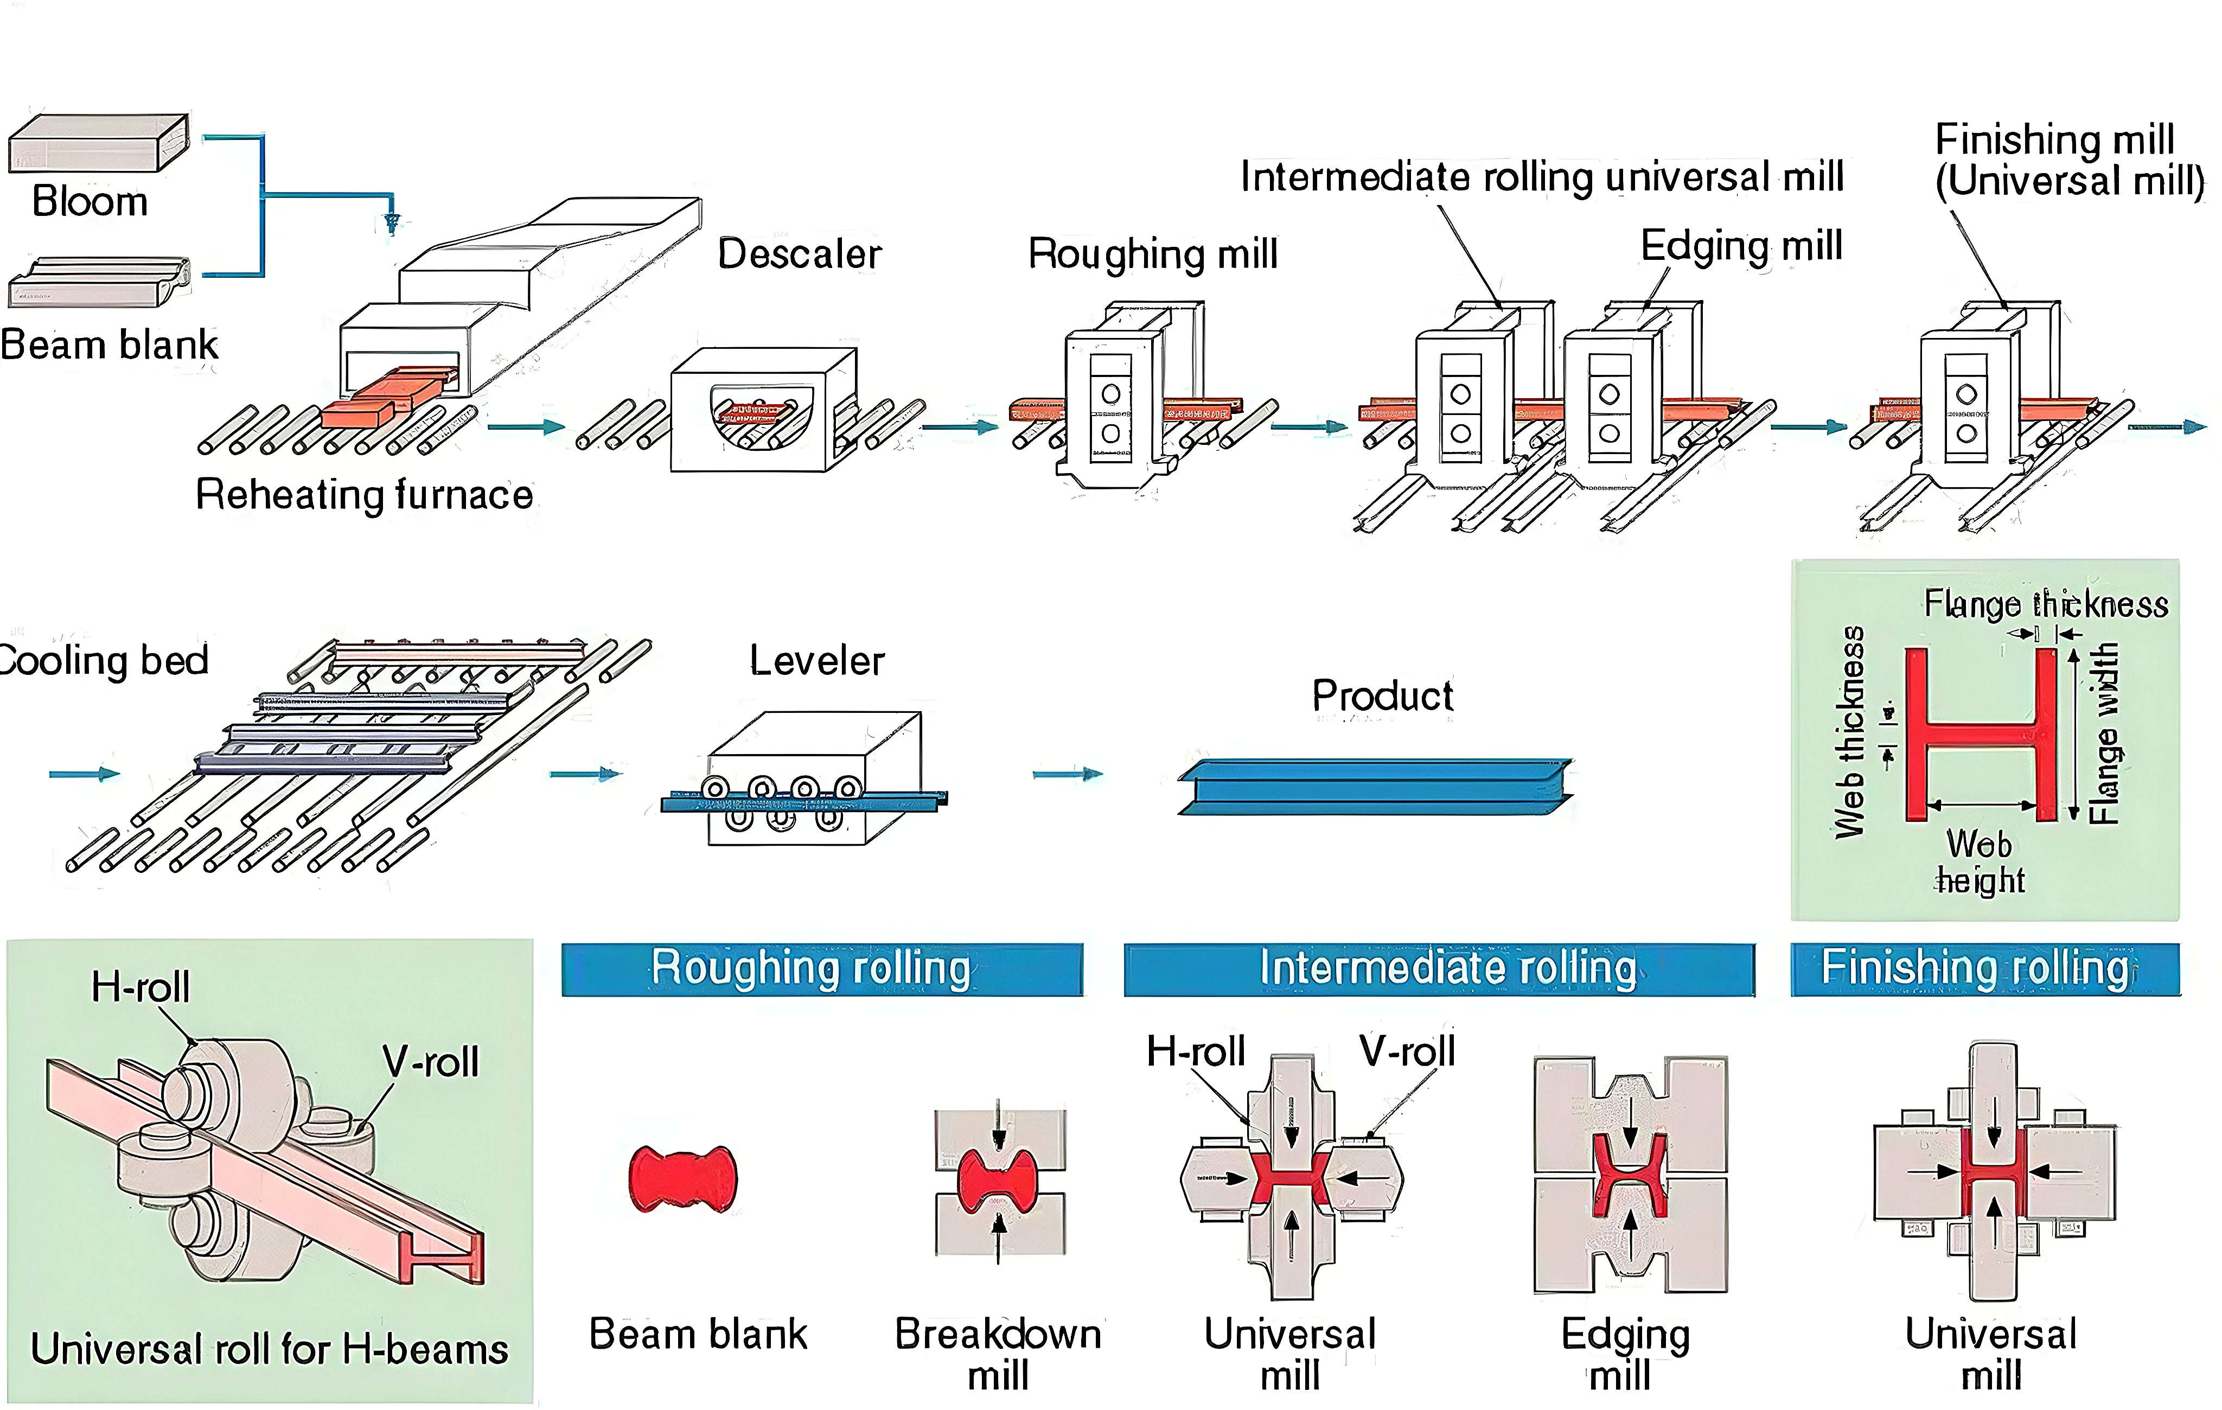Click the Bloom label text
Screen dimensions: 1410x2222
pos(90,201)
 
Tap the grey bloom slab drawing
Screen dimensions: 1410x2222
pos(99,143)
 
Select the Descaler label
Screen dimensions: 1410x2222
pos(799,254)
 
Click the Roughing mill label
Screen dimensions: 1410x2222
pos(1153,254)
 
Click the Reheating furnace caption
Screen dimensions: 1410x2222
pos(365,495)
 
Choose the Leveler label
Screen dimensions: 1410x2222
pos(816,661)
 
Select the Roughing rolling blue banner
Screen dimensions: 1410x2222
pos(821,969)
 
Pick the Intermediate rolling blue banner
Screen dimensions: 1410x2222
pos(1439,969)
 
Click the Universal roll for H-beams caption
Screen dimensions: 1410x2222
pos(270,1349)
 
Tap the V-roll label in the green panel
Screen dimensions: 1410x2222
pos(431,1061)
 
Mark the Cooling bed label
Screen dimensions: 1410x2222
pos(104,661)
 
